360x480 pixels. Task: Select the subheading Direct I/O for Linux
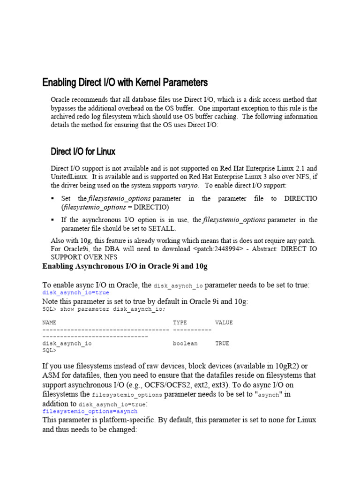pyautogui.click(x=83, y=151)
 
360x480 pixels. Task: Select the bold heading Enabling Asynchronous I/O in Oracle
pyautogui.click(x=125, y=266)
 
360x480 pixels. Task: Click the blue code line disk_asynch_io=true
pyautogui.click(x=75, y=292)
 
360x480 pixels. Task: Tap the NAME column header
pyautogui.click(x=49, y=322)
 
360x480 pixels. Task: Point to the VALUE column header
pyautogui.click(x=224, y=322)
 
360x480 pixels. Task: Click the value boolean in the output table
pyautogui.click(x=185, y=344)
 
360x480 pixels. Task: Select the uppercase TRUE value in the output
pyautogui.click(x=222, y=344)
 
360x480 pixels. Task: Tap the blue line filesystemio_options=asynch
pyautogui.click(x=90, y=411)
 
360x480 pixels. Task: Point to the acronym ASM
pyautogui.click(x=51, y=375)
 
